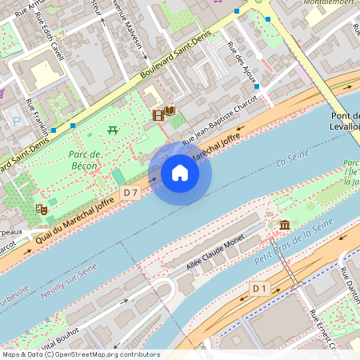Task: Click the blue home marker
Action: click(180, 172)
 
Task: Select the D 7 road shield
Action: click(132, 193)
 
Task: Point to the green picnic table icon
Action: click(113, 130)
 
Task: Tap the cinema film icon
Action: click(158, 115)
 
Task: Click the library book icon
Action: click(170, 110)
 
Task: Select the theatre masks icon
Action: click(42, 210)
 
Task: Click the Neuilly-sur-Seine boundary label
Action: click(68, 279)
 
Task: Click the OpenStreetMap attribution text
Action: click(80, 354)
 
